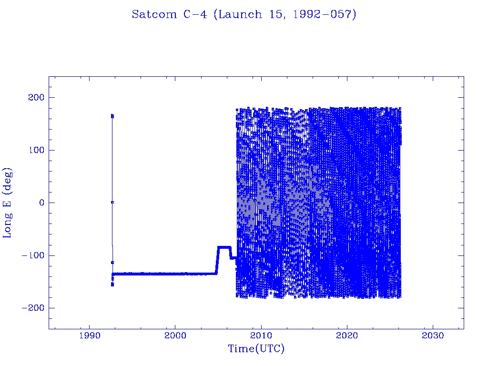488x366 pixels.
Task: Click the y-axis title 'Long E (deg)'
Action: coord(8,203)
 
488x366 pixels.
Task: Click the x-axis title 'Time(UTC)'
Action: coord(256,349)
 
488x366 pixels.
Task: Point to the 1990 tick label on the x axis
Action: coord(89,335)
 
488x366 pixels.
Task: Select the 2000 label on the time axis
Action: coord(175,335)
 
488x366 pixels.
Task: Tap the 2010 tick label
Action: coord(261,335)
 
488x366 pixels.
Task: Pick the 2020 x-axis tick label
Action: coord(347,335)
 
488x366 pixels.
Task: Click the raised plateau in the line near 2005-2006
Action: coord(224,247)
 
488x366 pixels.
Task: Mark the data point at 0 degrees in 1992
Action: coord(112,202)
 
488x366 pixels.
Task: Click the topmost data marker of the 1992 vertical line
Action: coord(112,115)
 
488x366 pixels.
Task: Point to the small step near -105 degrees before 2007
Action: coord(233,258)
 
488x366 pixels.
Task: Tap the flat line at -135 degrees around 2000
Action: coord(175,274)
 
